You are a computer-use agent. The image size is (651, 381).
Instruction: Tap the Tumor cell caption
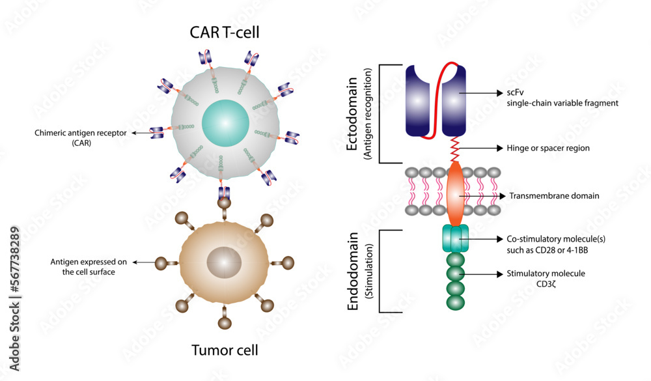[x=225, y=350]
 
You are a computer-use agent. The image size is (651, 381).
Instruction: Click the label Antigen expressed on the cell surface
[x=83, y=266]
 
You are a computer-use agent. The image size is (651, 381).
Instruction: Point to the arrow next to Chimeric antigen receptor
[x=139, y=133]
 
